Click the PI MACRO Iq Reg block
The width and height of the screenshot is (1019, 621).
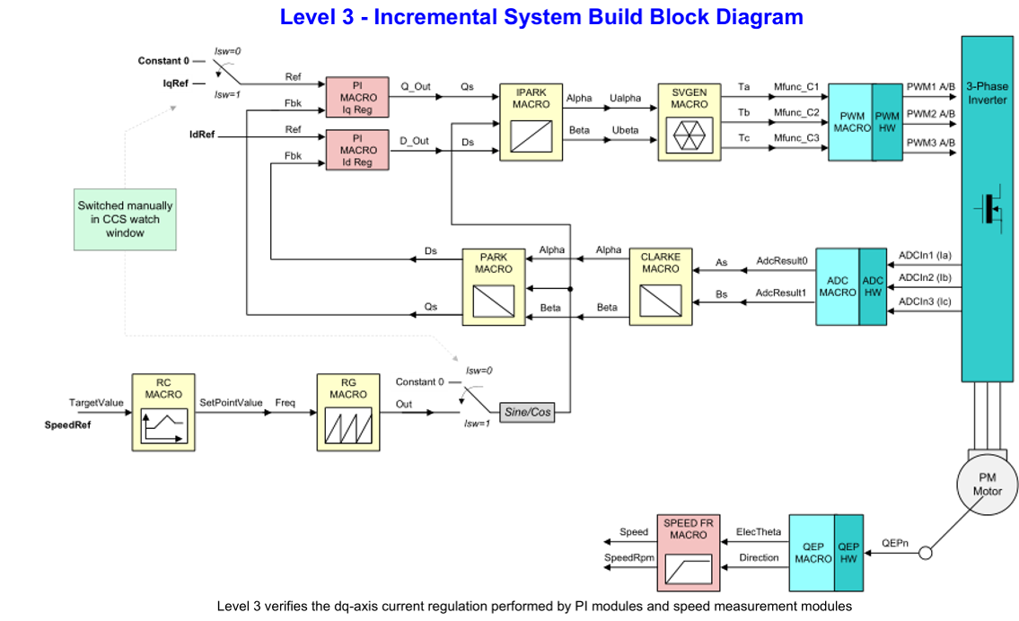click(356, 96)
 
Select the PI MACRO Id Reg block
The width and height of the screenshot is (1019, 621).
click(356, 149)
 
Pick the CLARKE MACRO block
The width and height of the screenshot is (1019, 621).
click(660, 285)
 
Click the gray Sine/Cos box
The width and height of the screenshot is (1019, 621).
click(527, 412)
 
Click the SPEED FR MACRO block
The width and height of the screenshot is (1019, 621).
click(688, 552)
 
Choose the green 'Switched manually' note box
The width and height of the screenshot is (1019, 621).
click(125, 219)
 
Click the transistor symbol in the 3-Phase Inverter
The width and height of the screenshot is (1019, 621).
click(988, 209)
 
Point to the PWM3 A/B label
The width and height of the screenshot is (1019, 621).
click(931, 144)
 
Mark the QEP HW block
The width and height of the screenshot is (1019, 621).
click(848, 552)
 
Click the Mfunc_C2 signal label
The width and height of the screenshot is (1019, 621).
click(796, 113)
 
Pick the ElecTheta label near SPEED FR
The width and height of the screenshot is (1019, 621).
click(758, 532)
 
